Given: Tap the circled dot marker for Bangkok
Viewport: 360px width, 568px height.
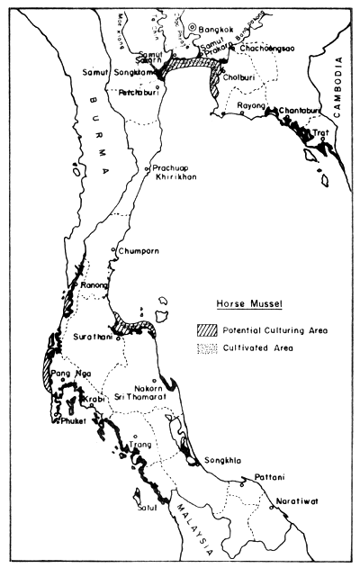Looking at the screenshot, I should pyautogui.click(x=192, y=28).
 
